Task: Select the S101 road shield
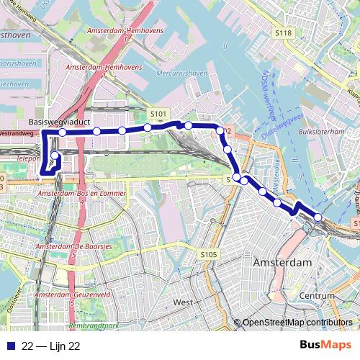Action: [x=158, y=114]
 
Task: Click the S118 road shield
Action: [x=284, y=33]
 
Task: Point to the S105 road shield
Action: [x=209, y=254]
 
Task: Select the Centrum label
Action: [x=318, y=296]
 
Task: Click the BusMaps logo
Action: [x=325, y=346]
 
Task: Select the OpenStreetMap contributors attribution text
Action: [x=297, y=323]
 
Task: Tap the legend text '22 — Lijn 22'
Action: [x=50, y=346]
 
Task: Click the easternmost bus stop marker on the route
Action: [x=318, y=218]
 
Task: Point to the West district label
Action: [x=183, y=302]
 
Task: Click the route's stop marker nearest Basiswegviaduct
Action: [x=63, y=132]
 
